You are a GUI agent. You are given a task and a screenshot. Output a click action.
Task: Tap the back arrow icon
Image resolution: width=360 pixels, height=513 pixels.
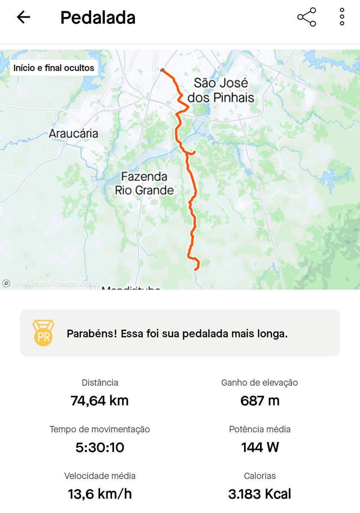(x=24, y=17)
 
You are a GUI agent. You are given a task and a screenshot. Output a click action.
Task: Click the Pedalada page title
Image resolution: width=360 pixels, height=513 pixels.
(x=98, y=18)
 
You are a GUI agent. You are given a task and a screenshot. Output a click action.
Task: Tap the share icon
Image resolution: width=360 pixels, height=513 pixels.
(x=307, y=17)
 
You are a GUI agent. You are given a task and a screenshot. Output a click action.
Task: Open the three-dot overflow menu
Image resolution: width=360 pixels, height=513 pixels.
(x=342, y=17)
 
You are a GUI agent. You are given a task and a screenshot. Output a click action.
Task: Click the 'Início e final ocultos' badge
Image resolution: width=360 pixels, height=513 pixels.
(x=54, y=68)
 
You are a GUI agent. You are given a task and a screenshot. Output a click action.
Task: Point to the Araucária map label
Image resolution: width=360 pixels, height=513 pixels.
(x=74, y=133)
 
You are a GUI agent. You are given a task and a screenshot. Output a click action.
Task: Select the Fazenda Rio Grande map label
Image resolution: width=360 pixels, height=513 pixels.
(x=144, y=183)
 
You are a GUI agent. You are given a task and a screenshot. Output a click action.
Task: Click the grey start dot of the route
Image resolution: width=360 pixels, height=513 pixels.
(x=162, y=70)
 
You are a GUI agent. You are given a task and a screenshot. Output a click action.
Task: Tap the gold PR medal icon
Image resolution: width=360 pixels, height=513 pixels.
(x=44, y=333)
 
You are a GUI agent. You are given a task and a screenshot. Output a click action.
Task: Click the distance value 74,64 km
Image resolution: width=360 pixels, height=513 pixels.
(x=100, y=401)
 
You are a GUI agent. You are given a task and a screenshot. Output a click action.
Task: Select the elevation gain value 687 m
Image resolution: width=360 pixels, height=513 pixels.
(x=260, y=401)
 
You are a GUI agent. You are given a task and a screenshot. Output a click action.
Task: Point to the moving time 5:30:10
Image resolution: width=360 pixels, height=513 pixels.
(x=100, y=447)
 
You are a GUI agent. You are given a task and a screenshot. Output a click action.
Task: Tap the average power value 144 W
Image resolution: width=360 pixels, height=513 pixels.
(x=260, y=447)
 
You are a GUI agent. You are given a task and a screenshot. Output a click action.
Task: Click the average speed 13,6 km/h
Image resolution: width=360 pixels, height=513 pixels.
(x=100, y=494)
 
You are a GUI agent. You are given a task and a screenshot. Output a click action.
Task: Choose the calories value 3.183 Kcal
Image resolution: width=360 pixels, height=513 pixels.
(x=260, y=494)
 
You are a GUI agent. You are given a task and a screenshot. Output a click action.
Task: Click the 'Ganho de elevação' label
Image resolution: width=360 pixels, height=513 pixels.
(x=260, y=383)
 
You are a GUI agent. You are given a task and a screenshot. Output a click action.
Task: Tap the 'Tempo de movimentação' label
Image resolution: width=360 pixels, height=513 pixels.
(x=100, y=429)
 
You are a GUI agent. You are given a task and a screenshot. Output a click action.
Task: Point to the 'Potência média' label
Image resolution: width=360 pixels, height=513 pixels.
(x=260, y=429)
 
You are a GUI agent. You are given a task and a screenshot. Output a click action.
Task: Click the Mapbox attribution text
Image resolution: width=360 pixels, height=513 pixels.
(x=31, y=283)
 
